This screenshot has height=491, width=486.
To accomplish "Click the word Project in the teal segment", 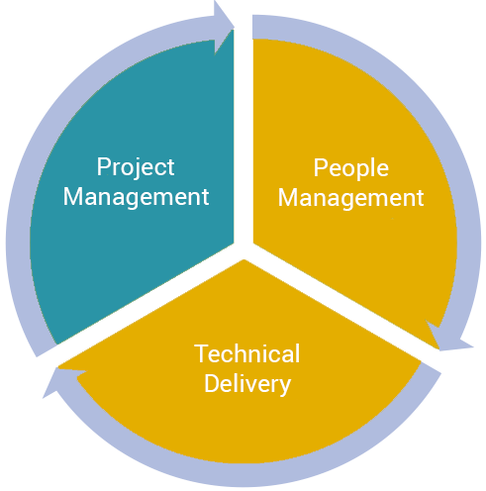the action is [136, 168].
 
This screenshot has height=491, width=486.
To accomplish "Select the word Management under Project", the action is [136, 198].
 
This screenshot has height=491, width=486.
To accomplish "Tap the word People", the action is [350, 169].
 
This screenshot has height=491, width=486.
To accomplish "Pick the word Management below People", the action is [350, 199].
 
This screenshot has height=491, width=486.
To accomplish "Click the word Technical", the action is [247, 353].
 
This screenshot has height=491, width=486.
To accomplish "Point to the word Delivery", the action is [247, 385].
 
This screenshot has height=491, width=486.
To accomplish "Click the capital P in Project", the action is [103, 166].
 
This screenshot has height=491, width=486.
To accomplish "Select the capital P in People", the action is [320, 167].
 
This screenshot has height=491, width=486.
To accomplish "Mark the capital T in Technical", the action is [201, 353].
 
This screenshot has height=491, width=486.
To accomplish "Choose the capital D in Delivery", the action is [212, 383].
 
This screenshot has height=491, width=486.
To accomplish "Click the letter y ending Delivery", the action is [284, 387].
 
